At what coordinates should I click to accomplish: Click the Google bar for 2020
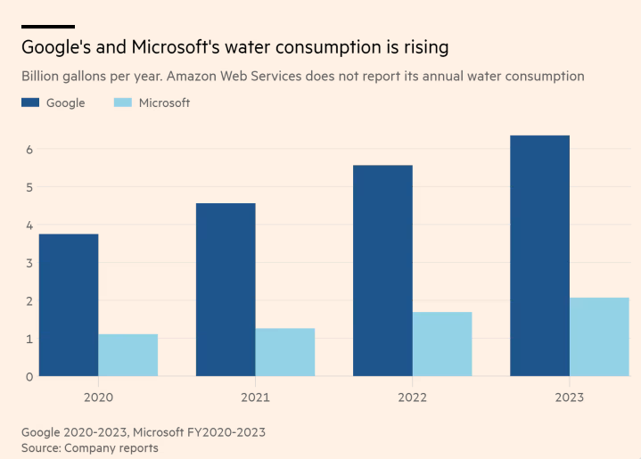[x=69, y=305]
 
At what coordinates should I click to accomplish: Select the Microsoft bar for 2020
[x=128, y=355]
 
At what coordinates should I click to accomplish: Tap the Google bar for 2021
[x=226, y=290]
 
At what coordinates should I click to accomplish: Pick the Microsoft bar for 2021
[x=285, y=352]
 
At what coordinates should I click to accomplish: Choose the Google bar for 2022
[x=382, y=270]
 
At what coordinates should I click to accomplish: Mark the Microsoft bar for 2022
[x=442, y=344]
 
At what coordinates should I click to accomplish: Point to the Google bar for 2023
[x=539, y=256]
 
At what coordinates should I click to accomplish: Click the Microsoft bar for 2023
[x=599, y=337]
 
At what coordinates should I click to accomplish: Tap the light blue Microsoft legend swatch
[x=123, y=102]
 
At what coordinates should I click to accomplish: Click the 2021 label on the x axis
[x=255, y=398]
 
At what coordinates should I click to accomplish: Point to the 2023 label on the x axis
[x=569, y=398]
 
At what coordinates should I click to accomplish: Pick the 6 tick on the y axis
[x=29, y=149]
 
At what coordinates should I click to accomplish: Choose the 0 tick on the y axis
[x=29, y=376]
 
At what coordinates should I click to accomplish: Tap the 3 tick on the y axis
[x=29, y=263]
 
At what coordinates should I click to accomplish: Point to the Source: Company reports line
[x=89, y=447]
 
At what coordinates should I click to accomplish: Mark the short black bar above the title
[x=47, y=27]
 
